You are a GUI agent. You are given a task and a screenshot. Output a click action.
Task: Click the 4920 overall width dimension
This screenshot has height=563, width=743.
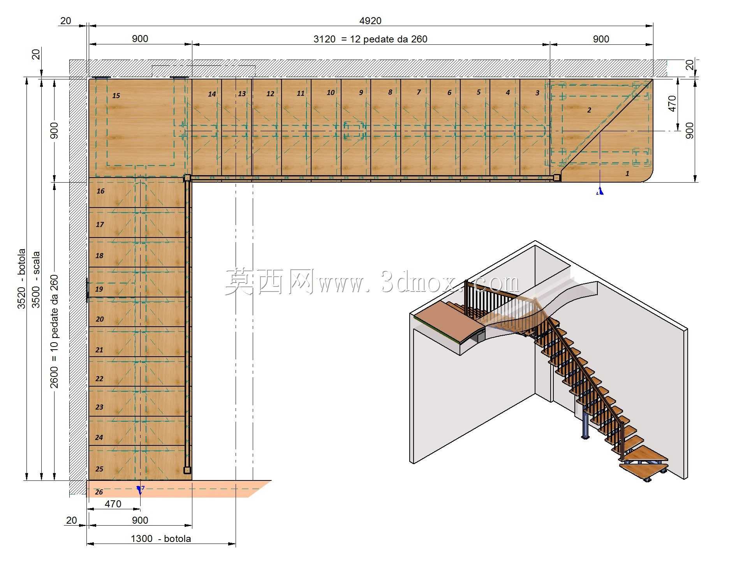tap(370, 21)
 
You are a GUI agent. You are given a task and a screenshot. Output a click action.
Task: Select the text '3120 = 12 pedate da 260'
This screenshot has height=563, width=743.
tap(370, 39)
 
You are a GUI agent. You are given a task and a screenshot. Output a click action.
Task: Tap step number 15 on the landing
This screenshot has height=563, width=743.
tap(116, 95)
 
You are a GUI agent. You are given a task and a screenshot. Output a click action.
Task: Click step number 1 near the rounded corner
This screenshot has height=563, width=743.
tap(627, 173)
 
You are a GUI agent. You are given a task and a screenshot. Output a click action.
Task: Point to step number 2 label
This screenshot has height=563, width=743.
tap(589, 110)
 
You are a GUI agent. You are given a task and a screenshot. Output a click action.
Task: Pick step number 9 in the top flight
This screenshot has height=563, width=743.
tap(361, 92)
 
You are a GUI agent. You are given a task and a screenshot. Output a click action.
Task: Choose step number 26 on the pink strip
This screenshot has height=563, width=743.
tap(99, 492)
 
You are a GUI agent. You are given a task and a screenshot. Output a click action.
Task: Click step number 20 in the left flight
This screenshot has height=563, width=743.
tap(100, 319)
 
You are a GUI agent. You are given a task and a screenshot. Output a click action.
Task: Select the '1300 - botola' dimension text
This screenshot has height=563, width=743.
tap(161, 538)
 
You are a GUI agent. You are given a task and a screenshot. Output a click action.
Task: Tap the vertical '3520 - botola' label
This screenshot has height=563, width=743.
tap(21, 279)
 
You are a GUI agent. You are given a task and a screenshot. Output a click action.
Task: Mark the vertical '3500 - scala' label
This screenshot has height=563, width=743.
tap(36, 280)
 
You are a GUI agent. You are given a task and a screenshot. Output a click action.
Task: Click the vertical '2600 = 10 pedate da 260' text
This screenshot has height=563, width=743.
tap(54, 331)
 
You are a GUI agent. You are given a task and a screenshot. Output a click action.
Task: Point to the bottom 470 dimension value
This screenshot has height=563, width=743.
tap(113, 504)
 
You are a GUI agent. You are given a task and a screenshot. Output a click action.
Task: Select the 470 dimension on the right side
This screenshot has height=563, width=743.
tap(673, 104)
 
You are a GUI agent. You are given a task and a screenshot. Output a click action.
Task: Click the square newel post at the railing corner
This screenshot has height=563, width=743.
tap(187, 178)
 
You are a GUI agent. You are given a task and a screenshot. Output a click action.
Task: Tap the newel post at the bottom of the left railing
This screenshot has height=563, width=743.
tap(187, 470)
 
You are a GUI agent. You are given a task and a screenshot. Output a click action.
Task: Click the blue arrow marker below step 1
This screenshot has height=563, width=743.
tap(600, 191)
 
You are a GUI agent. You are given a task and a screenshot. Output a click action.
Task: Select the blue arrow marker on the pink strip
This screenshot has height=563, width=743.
tap(140, 490)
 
